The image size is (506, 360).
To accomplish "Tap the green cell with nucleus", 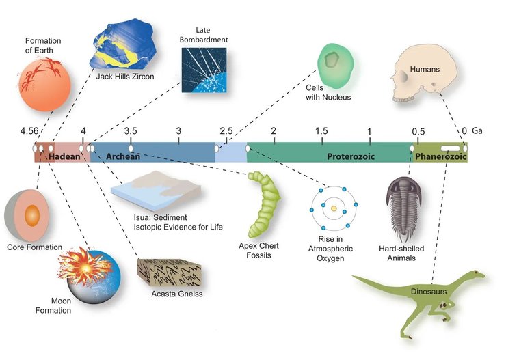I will (336, 64).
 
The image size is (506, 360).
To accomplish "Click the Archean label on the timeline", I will (123, 156).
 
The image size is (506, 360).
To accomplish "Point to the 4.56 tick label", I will (29, 130).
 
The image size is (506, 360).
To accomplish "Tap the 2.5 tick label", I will (226, 130).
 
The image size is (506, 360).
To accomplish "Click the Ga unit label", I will (477, 130).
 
